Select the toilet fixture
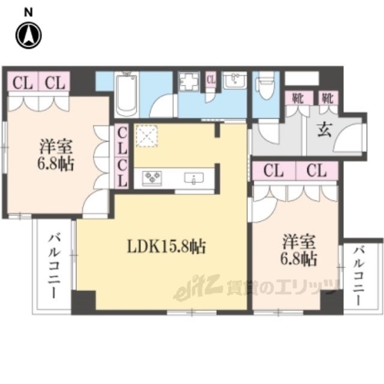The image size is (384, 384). (x=264, y=85)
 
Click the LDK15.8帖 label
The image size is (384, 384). (x=166, y=246)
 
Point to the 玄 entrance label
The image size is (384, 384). (x=325, y=130)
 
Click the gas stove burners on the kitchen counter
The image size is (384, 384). (x=152, y=176)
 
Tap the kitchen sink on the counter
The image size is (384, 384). (x=194, y=178)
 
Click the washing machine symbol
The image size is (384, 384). (x=188, y=82)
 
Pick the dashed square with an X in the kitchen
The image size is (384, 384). (x=146, y=136)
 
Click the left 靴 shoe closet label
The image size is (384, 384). (x=299, y=98)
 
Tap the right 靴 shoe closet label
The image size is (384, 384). (x=328, y=98)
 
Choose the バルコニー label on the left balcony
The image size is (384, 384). (x=54, y=266)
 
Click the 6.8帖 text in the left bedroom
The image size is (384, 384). (x=56, y=164)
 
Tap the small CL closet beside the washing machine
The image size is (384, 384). (x=211, y=80)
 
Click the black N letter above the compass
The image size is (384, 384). (x=28, y=13)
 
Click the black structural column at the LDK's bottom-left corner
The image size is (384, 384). (x=83, y=302)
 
